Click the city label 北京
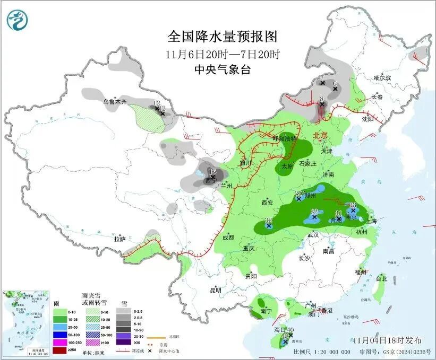coord(321,135)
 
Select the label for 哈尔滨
coord(381,78)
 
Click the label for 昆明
coord(215,290)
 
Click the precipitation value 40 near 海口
coord(290,329)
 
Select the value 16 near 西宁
coord(212,171)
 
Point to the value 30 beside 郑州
coord(298,193)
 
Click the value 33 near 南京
coord(353,205)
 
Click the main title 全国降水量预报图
coord(223,37)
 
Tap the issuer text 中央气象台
coord(222,69)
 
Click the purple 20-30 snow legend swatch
coord(124,336)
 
